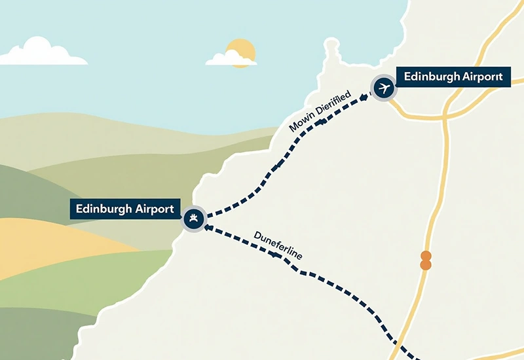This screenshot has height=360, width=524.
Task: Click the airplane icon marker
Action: click(383, 87)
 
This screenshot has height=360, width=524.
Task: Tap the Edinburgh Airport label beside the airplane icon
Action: click(453, 77)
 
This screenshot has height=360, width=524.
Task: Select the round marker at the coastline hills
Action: click(193, 219)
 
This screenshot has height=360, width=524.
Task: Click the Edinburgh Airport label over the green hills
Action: click(124, 209)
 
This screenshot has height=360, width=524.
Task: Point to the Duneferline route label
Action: click(277, 244)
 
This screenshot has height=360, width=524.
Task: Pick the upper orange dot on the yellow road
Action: click(426, 255)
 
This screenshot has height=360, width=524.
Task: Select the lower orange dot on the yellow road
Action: click(426, 264)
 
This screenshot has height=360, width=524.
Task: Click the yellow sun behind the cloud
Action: click(240, 50)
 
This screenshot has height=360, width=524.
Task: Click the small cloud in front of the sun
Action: click(229, 59)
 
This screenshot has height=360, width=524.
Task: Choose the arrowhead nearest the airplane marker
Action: click(364, 98)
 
